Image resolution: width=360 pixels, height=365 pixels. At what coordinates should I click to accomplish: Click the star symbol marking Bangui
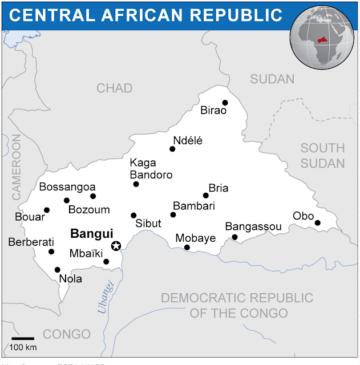[x=116, y=246]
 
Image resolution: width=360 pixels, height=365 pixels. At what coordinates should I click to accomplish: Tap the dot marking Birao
[x=225, y=103]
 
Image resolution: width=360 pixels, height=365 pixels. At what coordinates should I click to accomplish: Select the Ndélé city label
[x=188, y=141]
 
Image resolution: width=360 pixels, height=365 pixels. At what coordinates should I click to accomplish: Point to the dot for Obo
[x=317, y=222]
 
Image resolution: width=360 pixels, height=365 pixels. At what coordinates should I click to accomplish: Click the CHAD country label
[x=114, y=88]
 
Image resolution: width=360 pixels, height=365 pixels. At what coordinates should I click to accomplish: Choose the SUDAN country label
[x=272, y=79]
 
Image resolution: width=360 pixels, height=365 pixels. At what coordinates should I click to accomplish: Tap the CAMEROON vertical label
[x=15, y=167]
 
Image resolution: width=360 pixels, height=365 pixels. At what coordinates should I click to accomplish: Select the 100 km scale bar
[x=23, y=339]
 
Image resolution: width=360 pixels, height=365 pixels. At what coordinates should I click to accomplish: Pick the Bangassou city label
[x=253, y=227]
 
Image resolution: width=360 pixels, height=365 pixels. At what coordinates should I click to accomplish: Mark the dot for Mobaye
[x=187, y=248]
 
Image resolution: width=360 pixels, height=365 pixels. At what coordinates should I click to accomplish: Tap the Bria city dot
[x=205, y=196]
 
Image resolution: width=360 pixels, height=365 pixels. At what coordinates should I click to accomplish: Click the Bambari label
[x=193, y=205]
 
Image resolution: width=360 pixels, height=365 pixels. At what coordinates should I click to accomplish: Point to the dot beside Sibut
[x=134, y=216]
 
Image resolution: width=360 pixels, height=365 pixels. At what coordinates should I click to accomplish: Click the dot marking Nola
[x=57, y=270]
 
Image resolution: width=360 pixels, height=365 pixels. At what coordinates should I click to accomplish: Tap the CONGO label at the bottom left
[x=67, y=334]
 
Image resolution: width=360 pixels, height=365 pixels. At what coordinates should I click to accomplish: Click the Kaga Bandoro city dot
[x=136, y=184]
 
